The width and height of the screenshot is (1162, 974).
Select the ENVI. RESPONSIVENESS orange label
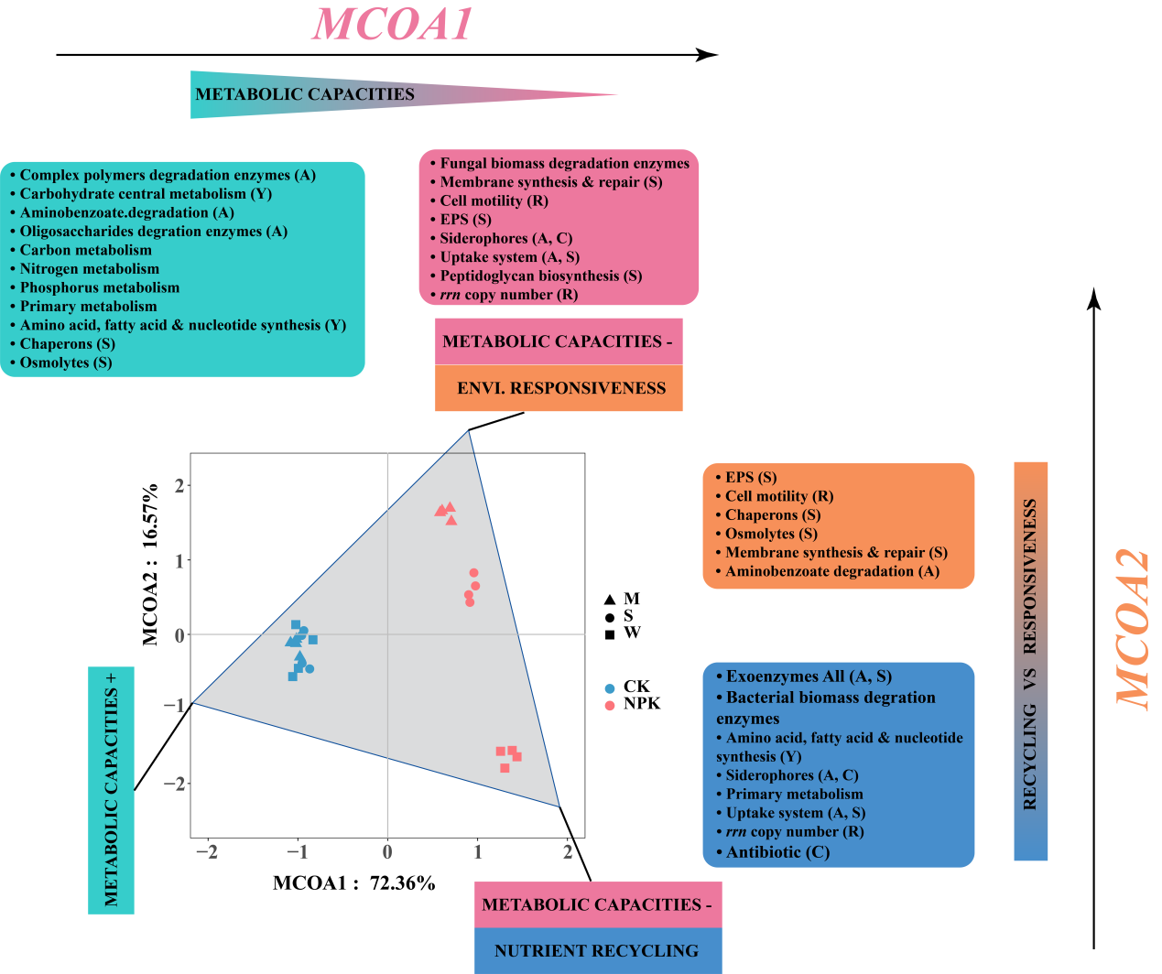coord(560,388)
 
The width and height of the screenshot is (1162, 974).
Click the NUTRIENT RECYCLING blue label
coord(596,951)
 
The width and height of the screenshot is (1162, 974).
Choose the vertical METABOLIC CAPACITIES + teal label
coord(111,789)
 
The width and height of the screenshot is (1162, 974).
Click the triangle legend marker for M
coord(610,600)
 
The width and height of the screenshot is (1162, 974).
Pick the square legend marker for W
coord(610,634)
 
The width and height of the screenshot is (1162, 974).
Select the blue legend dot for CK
coord(610,687)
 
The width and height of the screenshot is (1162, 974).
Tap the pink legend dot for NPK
coord(610,705)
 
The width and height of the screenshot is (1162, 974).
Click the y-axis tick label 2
coord(180,485)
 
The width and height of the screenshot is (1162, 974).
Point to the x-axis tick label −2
coord(207,853)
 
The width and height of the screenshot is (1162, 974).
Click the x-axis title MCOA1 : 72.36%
coord(353,883)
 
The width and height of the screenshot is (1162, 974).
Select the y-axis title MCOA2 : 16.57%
coord(151,564)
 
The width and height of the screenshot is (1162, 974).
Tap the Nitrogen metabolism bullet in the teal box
coord(89,269)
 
